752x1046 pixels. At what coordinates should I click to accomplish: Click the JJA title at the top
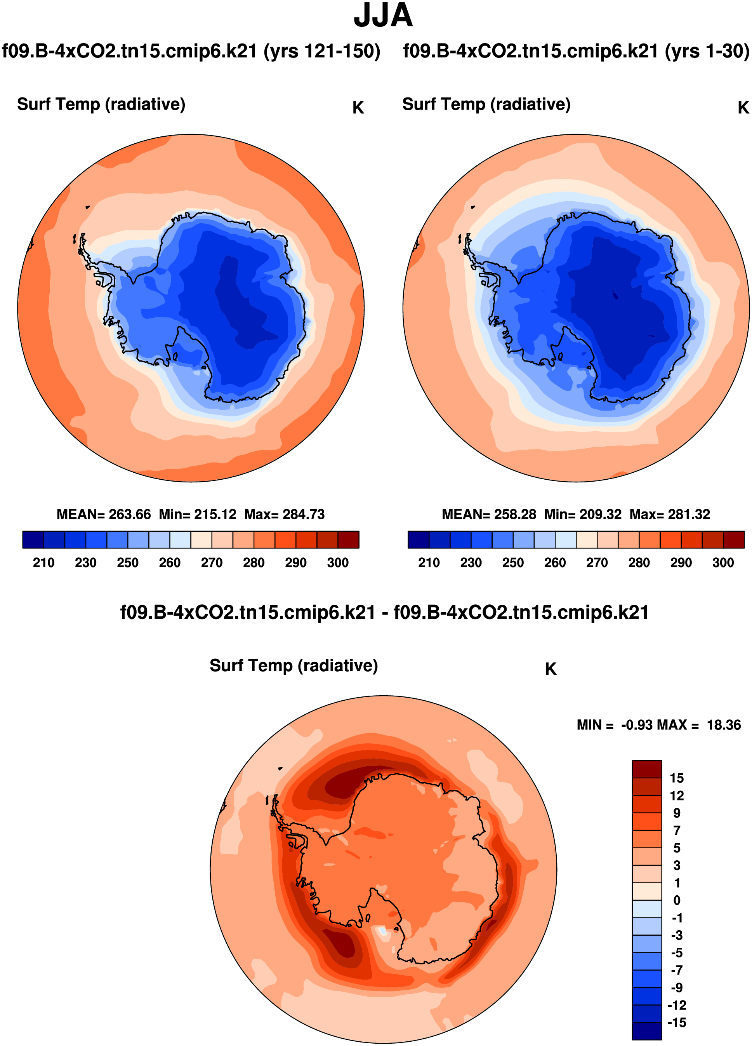pyautogui.click(x=383, y=16)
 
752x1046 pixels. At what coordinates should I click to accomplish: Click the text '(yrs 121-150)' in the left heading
pyautogui.click(x=322, y=51)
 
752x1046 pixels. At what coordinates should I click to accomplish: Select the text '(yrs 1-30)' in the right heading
pyautogui.click(x=707, y=51)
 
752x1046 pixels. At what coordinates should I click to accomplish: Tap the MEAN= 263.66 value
pyautogui.click(x=104, y=514)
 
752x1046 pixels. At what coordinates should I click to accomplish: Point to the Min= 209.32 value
pyautogui.click(x=583, y=514)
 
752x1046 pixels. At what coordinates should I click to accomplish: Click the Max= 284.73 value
pyautogui.click(x=285, y=514)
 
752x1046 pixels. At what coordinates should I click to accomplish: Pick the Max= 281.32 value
pyautogui.click(x=669, y=514)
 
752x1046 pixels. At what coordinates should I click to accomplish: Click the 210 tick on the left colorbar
pyautogui.click(x=44, y=563)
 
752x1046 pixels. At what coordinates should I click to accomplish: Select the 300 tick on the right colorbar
pyautogui.click(x=722, y=563)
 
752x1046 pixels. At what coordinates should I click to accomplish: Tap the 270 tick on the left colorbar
pyautogui.click(x=212, y=563)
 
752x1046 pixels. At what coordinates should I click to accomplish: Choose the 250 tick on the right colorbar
pyautogui.click(x=513, y=563)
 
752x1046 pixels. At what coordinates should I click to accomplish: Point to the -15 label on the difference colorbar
pyautogui.click(x=676, y=1022)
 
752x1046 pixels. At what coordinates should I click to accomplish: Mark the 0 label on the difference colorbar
pyautogui.click(x=676, y=900)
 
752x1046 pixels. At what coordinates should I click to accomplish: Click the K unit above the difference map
pyautogui.click(x=551, y=669)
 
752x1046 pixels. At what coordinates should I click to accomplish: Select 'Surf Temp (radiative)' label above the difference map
pyautogui.click(x=294, y=665)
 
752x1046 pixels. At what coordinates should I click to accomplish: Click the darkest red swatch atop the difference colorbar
pyautogui.click(x=646, y=769)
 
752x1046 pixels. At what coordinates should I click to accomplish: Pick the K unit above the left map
pyautogui.click(x=358, y=108)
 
